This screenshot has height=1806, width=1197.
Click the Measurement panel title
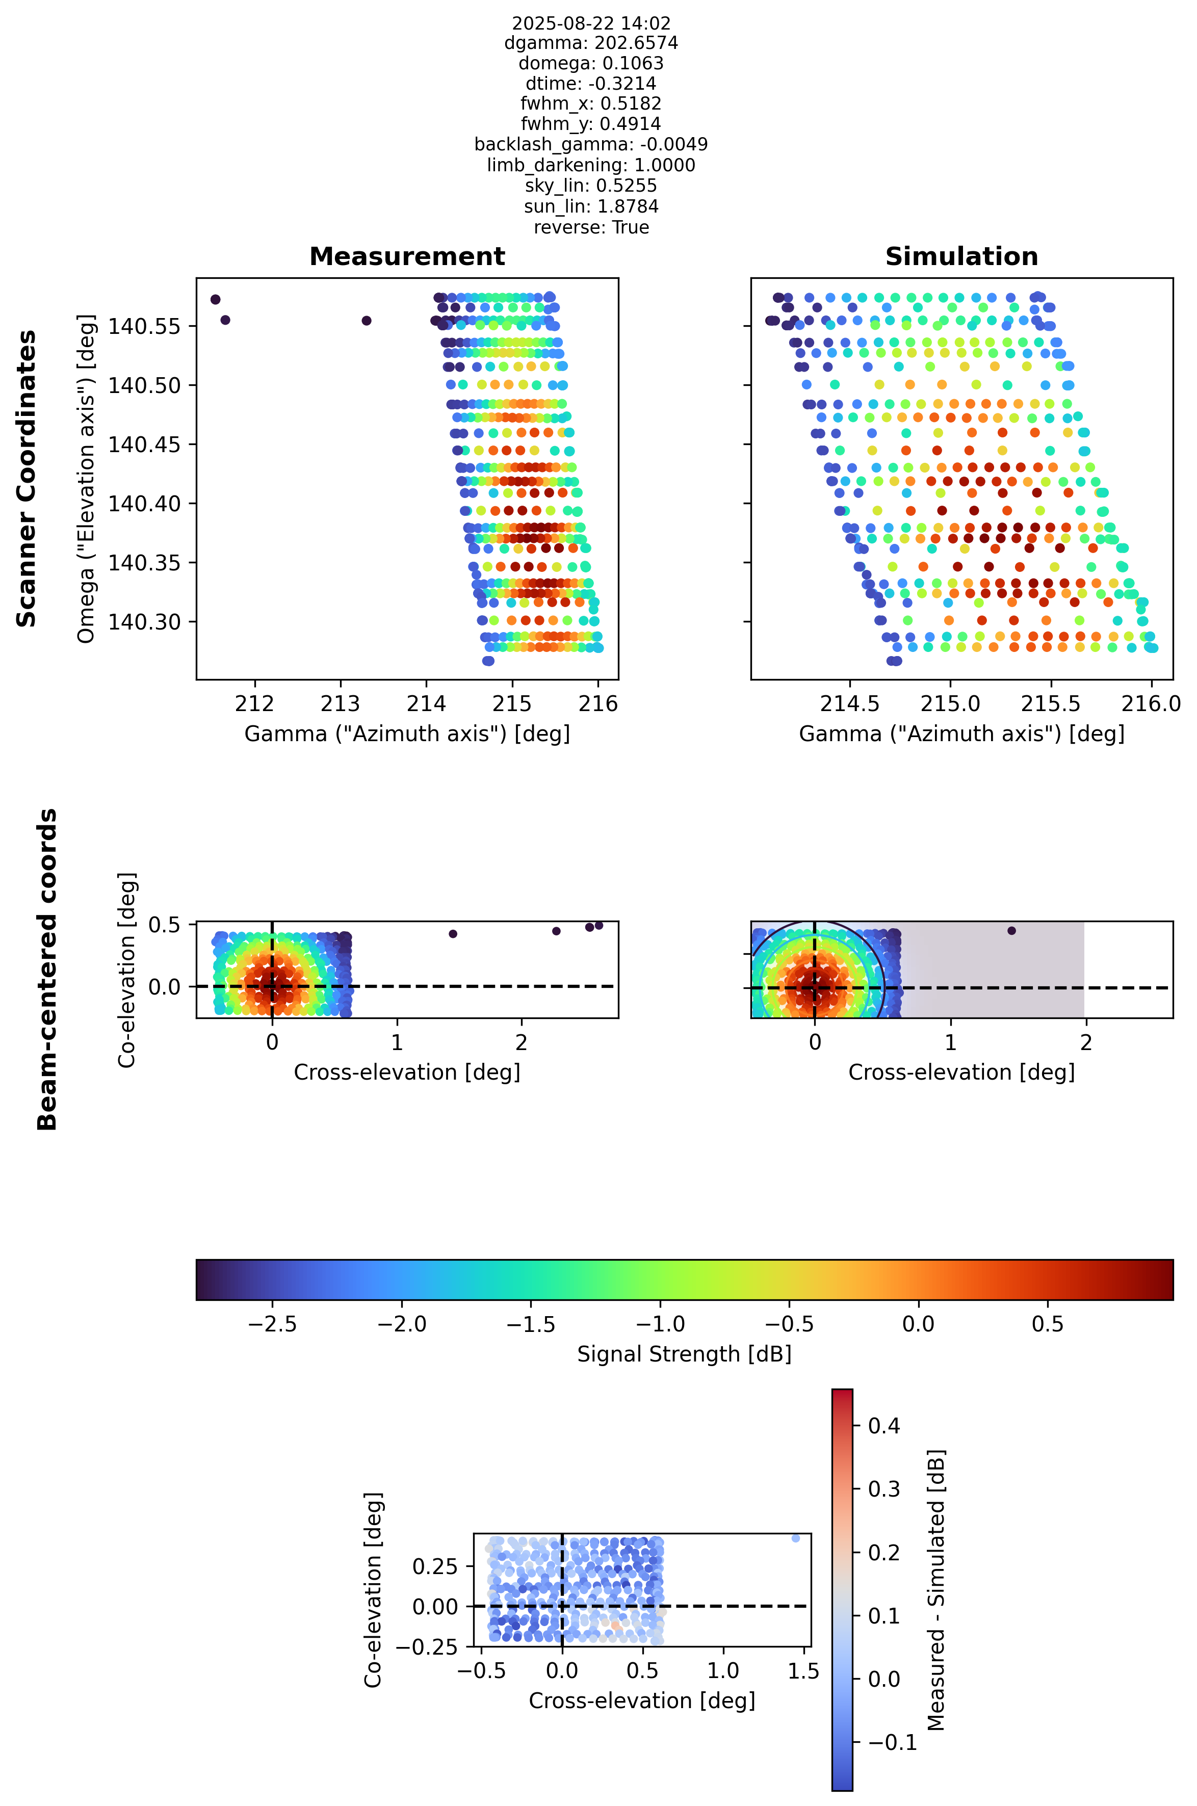(x=407, y=256)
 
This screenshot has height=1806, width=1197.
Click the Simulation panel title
(x=961, y=256)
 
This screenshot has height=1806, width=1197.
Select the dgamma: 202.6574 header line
(x=591, y=43)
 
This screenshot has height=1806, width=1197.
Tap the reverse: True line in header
(x=591, y=227)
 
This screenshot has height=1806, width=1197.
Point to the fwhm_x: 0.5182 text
(x=591, y=104)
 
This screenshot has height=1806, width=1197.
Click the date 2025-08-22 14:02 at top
(x=591, y=23)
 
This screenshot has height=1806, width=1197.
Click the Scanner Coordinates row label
(x=27, y=479)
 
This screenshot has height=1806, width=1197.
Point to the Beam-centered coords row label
(x=47, y=970)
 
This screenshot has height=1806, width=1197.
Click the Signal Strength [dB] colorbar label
(x=684, y=1354)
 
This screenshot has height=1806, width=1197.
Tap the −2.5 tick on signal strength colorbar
(x=273, y=1324)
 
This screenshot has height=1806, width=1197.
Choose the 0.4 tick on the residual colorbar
(x=883, y=1426)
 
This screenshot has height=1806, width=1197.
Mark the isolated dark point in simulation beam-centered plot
(x=1011, y=930)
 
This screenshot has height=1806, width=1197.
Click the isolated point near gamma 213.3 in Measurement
(x=367, y=321)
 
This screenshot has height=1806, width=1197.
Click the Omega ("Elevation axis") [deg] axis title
(x=86, y=479)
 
